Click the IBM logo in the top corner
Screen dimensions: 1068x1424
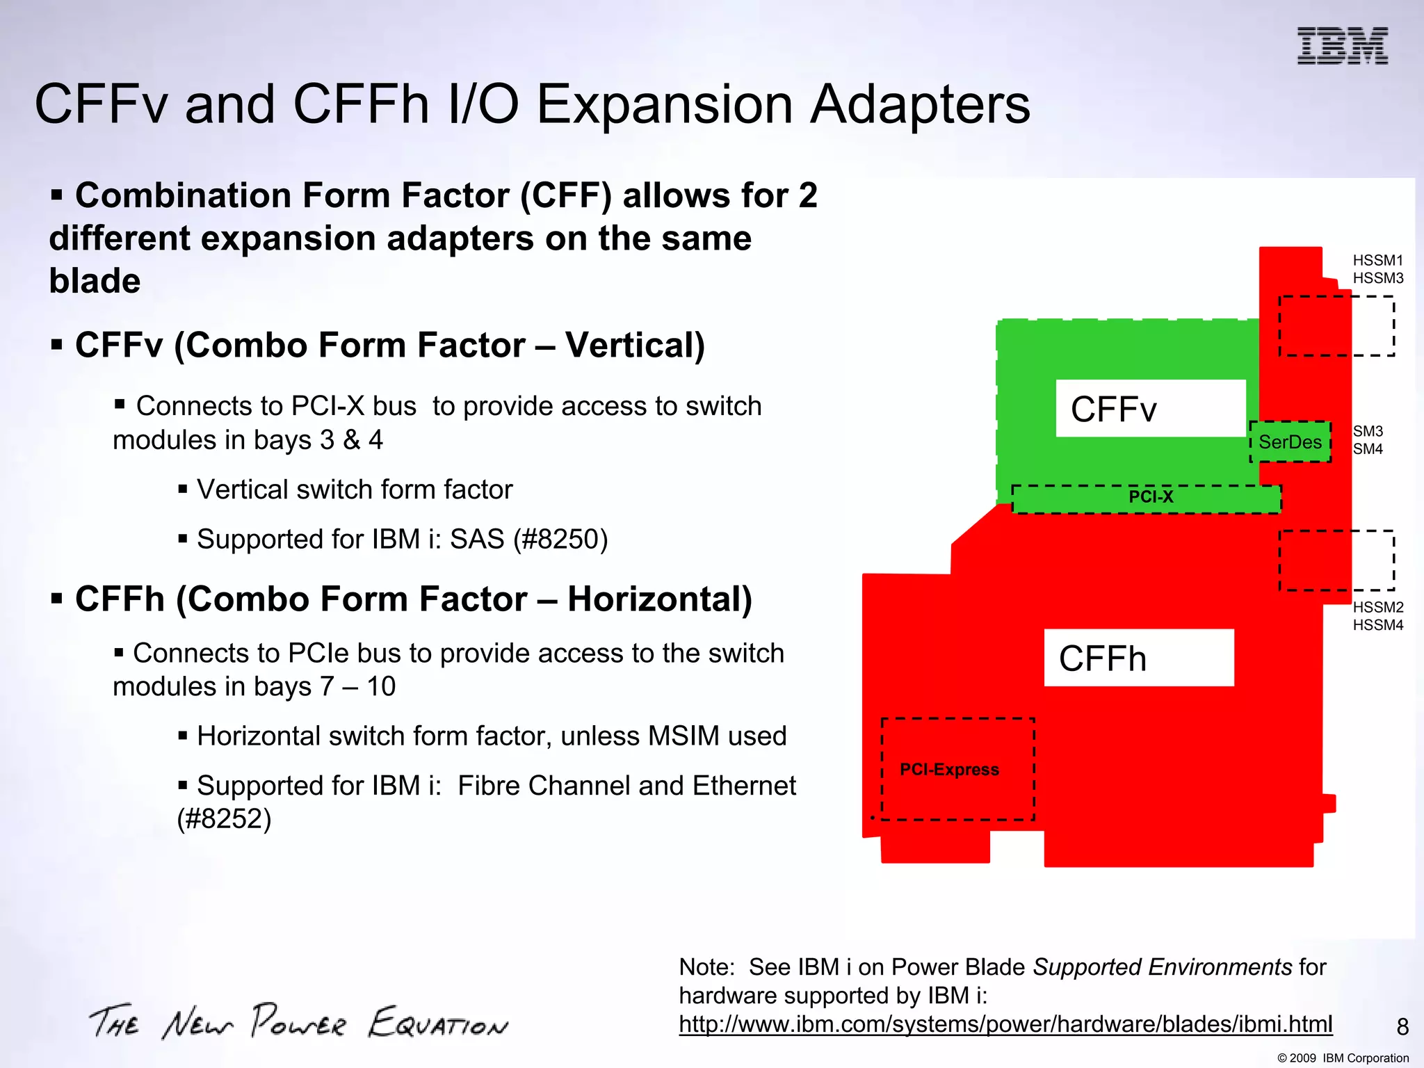1342,46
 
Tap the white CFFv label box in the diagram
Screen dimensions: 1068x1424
1151,408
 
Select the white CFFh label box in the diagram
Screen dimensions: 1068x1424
1139,658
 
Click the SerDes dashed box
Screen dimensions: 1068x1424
1290,442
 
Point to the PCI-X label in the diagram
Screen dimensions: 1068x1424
1151,497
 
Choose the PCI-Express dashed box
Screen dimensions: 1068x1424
957,769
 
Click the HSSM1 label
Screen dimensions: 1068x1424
1377,260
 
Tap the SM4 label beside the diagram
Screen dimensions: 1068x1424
1368,449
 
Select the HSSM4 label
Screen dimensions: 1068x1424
1377,625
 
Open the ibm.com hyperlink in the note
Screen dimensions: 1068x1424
1005,1024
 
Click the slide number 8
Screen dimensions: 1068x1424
1402,1027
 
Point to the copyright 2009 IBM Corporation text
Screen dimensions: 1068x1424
1343,1058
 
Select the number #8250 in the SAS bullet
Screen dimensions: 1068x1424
560,540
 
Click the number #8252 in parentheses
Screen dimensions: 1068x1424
224,819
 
